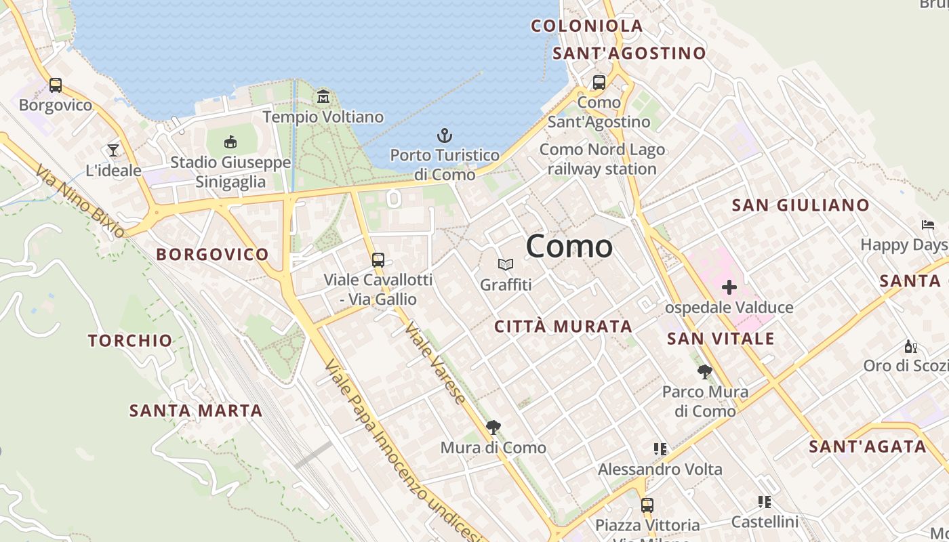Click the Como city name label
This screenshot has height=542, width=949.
pos(569,245)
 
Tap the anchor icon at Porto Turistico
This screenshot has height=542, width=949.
pos(445,135)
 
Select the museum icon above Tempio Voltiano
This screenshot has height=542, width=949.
pos(323,97)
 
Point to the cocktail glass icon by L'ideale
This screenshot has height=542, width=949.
pos(113,150)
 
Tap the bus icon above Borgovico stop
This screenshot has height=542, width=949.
pos(56,85)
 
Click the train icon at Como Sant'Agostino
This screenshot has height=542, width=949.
pos(599,83)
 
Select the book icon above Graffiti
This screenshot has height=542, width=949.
pos(506,264)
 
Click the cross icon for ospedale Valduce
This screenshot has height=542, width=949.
pos(729,287)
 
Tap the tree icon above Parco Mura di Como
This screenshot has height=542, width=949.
pos(705,371)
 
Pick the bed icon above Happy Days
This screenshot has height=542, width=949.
pos(928,225)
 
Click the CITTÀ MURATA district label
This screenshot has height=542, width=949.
pos(563,327)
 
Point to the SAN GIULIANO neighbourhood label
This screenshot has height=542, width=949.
pos(801,205)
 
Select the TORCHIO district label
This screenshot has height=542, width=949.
pos(130,340)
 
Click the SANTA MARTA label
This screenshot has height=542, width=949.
pos(196,411)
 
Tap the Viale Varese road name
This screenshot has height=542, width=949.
pos(435,362)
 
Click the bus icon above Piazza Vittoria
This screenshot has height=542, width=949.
pos(647,505)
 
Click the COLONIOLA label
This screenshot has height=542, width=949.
pos(587,26)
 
